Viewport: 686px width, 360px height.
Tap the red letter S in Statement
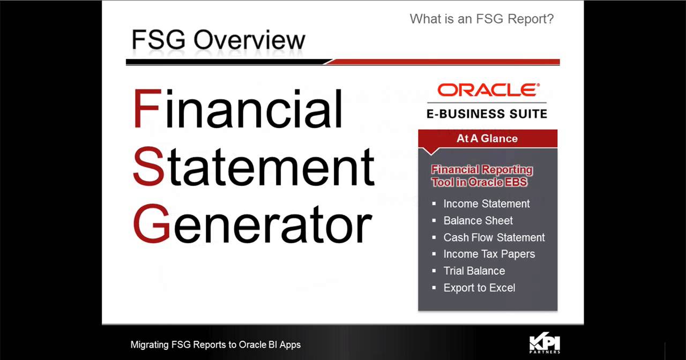click(x=148, y=166)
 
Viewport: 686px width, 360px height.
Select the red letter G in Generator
click(x=152, y=224)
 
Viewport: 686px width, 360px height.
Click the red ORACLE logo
click(x=488, y=90)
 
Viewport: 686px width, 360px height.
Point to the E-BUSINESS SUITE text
click(x=487, y=114)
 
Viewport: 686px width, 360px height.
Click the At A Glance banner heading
click(x=487, y=138)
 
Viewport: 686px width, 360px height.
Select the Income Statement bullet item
click(x=487, y=204)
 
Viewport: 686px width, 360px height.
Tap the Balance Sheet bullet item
click(x=478, y=221)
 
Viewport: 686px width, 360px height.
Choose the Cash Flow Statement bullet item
click(x=494, y=237)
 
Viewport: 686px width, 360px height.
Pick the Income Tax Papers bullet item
click(x=489, y=254)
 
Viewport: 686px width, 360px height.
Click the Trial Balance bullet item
click(x=474, y=271)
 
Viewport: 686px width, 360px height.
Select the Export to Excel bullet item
click(x=479, y=288)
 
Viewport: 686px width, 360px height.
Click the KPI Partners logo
click(x=545, y=343)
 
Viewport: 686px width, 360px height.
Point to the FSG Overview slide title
click(x=218, y=40)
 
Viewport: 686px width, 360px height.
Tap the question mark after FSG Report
click(x=550, y=19)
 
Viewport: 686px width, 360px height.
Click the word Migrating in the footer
click(x=150, y=345)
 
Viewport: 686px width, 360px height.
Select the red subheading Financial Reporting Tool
click(x=482, y=176)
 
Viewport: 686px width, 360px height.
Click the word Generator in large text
click(x=252, y=224)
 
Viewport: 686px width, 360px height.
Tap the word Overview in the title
click(x=249, y=40)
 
